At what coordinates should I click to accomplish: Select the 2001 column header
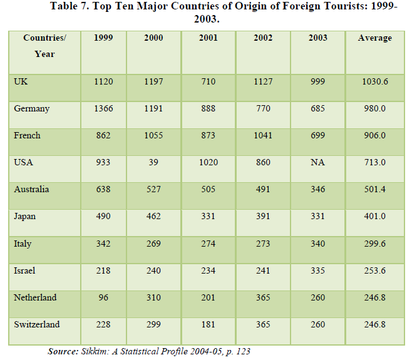[x=208, y=38]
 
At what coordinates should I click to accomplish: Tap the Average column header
[x=374, y=38]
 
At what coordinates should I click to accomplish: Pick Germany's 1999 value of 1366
[x=103, y=108]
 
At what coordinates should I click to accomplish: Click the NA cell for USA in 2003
[x=317, y=162]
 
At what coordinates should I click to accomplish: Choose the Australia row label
[x=31, y=189]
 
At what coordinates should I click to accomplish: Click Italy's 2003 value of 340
[x=317, y=243]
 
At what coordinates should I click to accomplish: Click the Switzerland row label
[x=36, y=324]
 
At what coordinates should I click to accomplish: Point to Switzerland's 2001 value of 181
[x=208, y=324]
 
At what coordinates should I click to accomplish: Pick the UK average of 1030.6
[x=374, y=81]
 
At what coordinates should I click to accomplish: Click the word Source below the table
[x=63, y=352]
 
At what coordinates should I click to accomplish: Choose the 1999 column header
[x=103, y=38]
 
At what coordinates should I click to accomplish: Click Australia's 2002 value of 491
[x=262, y=189]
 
